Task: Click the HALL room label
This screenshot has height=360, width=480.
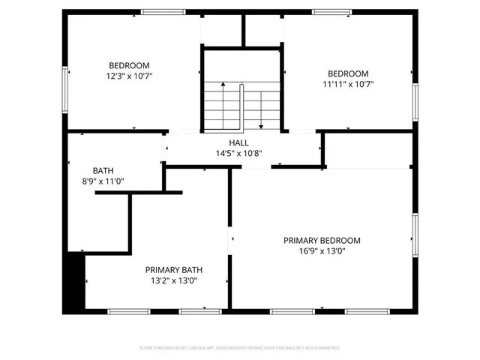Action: pyautogui.click(x=238, y=142)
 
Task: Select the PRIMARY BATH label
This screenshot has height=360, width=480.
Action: pyautogui.click(x=174, y=270)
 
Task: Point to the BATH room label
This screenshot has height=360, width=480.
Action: pyautogui.click(x=103, y=170)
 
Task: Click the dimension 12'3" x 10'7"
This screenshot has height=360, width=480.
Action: pyautogui.click(x=129, y=76)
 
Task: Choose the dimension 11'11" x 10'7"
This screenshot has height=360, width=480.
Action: pyautogui.click(x=348, y=84)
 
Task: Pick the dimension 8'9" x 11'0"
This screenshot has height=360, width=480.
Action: pyautogui.click(x=103, y=181)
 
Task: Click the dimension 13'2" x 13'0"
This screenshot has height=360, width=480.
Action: pyautogui.click(x=174, y=280)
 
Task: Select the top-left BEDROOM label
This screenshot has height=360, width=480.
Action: pyautogui.click(x=129, y=65)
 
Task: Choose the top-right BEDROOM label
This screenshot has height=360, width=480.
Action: pyautogui.click(x=348, y=73)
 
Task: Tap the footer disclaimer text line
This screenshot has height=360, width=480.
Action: pyautogui.click(x=240, y=348)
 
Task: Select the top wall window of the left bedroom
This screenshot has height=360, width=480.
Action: pyautogui.click(x=163, y=11)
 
